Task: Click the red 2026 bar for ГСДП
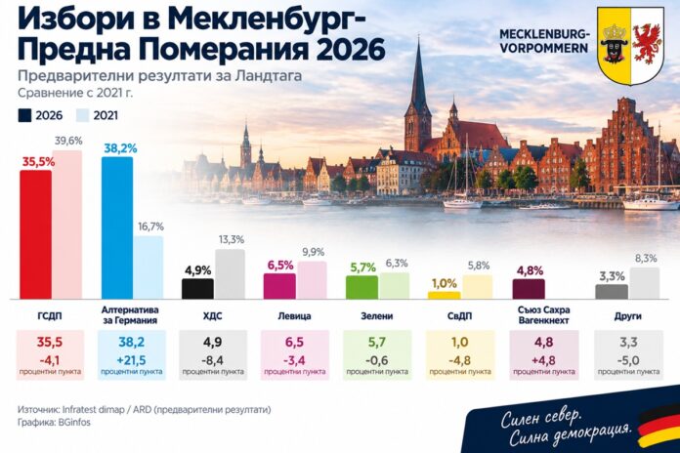tap(36, 234)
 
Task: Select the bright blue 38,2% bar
tap(117, 228)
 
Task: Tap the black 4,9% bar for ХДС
tap(197, 289)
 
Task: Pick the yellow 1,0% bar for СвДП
tap(445, 295)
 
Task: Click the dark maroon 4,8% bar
tap(529, 289)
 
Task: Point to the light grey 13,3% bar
tap(230, 274)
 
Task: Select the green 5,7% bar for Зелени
tap(361, 287)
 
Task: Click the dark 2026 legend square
tap(24, 116)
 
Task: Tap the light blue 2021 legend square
tap(82, 116)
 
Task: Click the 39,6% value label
tap(68, 141)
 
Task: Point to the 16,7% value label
tap(150, 226)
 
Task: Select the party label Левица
tap(294, 316)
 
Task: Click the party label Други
tap(627, 316)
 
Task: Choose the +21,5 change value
tap(131, 360)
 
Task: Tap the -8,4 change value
tap(213, 360)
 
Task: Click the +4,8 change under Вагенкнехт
tap(543, 360)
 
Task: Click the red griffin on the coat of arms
tap(647, 44)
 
